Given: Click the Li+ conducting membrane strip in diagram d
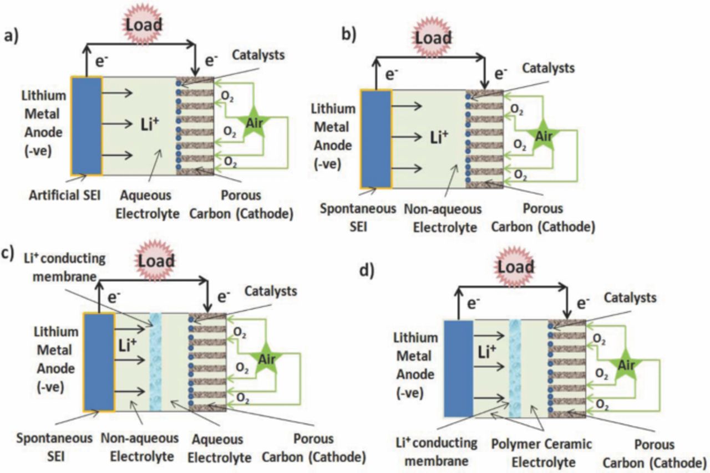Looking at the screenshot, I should tap(515, 368).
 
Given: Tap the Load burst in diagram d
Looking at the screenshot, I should tap(515, 268).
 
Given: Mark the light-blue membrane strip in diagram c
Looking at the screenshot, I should tap(155, 363).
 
